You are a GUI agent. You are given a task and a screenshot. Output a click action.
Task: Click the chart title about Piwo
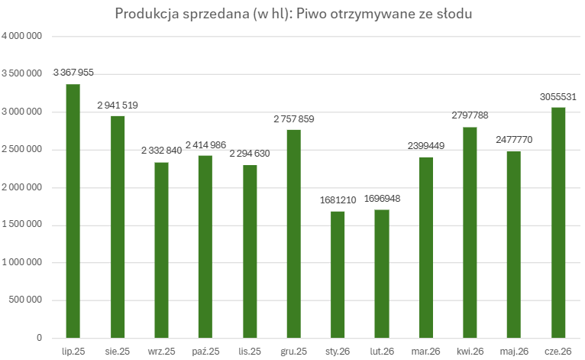pos(293,14)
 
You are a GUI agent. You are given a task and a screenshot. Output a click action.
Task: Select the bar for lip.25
pos(73,211)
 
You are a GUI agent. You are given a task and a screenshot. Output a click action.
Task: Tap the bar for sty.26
pos(338,275)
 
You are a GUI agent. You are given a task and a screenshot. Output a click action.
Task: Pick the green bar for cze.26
pos(558,222)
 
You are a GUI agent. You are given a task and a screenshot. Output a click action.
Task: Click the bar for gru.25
pos(293,234)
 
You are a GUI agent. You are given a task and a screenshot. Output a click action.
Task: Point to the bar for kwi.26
pos(470,232)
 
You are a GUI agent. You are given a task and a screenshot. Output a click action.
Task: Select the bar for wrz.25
pos(162,250)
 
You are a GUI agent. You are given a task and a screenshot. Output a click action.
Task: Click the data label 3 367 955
pos(73,73)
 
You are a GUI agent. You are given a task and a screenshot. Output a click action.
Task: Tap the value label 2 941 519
pos(118,105)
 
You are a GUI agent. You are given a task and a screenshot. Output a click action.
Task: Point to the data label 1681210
pos(338,200)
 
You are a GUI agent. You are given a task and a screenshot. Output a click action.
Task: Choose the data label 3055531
pos(558,97)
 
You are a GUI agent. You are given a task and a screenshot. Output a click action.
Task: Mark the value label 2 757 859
pos(294,119)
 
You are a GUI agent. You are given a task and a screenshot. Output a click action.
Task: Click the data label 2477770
pos(514,140)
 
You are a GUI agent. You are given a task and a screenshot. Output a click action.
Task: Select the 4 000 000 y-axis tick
pos(21,36)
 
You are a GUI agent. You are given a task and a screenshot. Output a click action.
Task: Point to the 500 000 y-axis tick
pos(25,300)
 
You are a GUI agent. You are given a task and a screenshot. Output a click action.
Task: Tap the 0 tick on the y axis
pos(39,338)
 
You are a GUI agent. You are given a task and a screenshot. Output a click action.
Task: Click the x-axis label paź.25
pos(205,352)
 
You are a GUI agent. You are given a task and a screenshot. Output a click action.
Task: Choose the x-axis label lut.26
pos(382,352)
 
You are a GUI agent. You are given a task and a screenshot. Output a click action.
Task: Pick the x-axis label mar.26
pos(425,352)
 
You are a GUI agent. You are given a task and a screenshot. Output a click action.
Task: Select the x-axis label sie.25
pos(118,352)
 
